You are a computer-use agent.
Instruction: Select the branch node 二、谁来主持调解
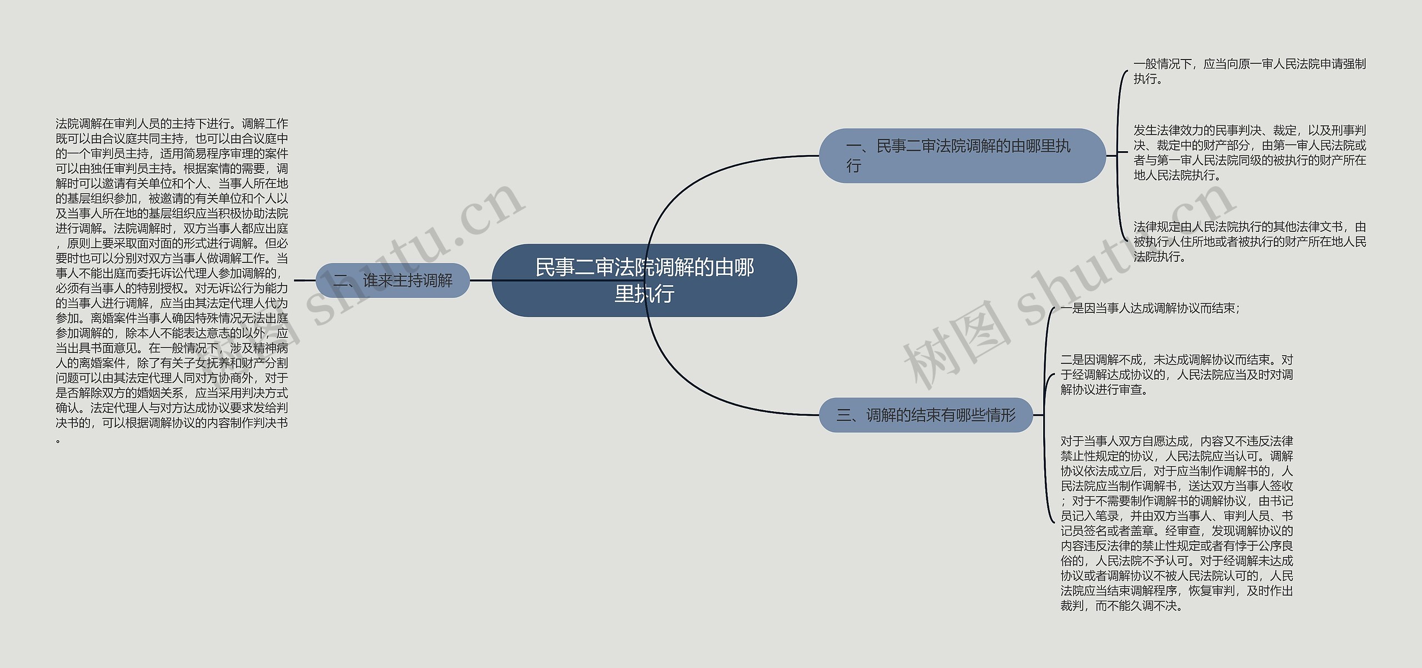(x=393, y=280)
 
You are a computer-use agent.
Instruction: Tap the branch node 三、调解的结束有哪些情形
(x=925, y=415)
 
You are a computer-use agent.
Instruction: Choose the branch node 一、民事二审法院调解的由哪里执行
(x=962, y=156)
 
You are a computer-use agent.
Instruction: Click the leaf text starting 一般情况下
(x=1249, y=72)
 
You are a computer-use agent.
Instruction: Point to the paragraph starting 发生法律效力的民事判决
(x=1249, y=153)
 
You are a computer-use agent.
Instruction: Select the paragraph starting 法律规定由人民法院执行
(x=1249, y=242)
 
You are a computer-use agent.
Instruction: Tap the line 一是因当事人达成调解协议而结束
(x=1150, y=308)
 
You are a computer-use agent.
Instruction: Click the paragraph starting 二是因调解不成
(x=1176, y=375)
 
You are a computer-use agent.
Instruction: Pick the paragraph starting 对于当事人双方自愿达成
(x=1176, y=524)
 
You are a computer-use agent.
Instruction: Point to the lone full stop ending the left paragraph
(x=58, y=441)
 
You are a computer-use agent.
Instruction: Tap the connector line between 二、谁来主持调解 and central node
(x=481, y=280)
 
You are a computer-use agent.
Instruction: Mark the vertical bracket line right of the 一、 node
(x=1118, y=156)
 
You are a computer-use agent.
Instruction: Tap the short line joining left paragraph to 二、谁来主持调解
(x=304, y=280)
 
